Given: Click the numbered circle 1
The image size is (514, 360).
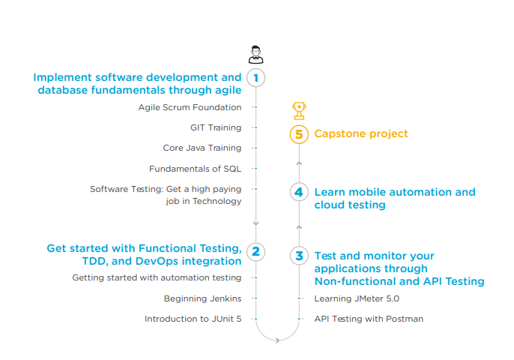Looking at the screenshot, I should (x=256, y=77).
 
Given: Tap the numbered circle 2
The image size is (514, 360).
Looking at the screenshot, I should (x=256, y=251).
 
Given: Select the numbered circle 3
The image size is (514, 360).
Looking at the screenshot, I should (x=299, y=256).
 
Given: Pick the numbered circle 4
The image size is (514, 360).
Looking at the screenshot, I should (x=299, y=192).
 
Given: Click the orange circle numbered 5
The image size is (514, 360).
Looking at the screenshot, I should (x=299, y=134).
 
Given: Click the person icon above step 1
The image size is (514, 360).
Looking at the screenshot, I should (x=256, y=54).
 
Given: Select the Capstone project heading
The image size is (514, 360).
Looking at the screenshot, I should (x=361, y=133).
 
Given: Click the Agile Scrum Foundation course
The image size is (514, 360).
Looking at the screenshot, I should (x=190, y=107).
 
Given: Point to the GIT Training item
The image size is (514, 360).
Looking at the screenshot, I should (x=216, y=127).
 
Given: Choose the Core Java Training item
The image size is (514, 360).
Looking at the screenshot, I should (x=202, y=148).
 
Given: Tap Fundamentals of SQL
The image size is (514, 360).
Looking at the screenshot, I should (x=195, y=169).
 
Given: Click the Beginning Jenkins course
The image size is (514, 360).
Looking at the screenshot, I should (x=202, y=298).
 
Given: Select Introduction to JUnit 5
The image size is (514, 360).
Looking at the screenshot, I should (x=193, y=319).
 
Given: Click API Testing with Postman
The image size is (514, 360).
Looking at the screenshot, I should (x=369, y=319).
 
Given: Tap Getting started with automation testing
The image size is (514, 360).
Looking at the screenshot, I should (x=157, y=277).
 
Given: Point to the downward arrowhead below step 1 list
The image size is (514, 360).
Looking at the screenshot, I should (x=256, y=223).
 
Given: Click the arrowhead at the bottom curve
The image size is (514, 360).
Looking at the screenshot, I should (x=277, y=340).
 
